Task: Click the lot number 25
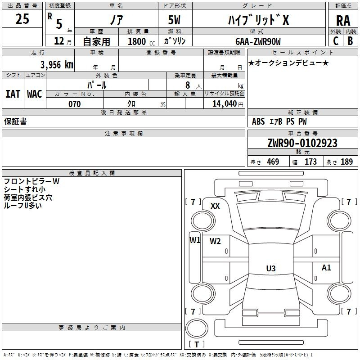[x=22, y=19]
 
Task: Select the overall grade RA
[x=343, y=21]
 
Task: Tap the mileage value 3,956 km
[x=57, y=65]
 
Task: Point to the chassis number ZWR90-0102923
[x=302, y=143]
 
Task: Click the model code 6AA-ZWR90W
[x=258, y=41]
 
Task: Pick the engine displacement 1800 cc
[x=141, y=41]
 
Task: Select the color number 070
[x=75, y=104]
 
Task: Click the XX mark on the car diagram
[x=215, y=206]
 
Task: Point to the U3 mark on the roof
[x=271, y=268]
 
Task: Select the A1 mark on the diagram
[x=326, y=267]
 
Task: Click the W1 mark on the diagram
[x=195, y=240]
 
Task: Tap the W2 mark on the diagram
[x=215, y=241]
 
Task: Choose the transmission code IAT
[x=13, y=94]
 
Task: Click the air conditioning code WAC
[x=35, y=94]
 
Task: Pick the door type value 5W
[x=174, y=20]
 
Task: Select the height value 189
[x=346, y=162]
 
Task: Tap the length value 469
[x=273, y=162]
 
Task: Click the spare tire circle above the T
[x=197, y=328]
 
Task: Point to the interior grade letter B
[x=350, y=41]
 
